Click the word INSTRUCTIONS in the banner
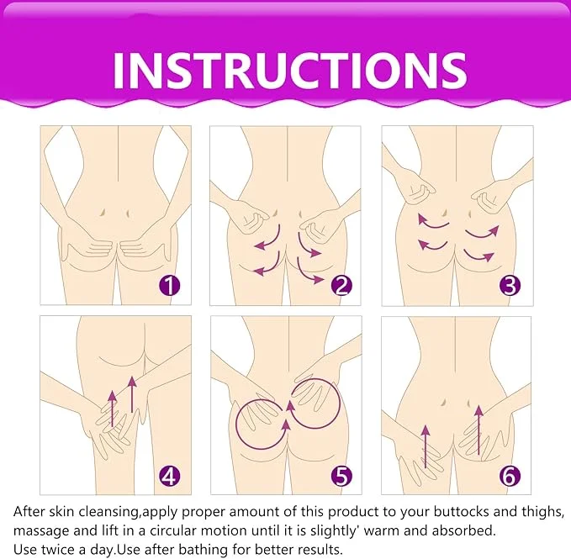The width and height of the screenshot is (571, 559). point(289,68)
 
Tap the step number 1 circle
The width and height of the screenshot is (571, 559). point(171,286)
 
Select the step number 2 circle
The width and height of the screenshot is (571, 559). point(341,286)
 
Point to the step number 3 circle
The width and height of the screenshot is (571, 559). point(510,286)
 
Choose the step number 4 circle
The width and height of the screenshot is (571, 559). point(171,477)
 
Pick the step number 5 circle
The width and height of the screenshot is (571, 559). point(341,477)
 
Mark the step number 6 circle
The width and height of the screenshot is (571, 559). point(510,477)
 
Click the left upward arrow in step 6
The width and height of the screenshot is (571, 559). point(426,446)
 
